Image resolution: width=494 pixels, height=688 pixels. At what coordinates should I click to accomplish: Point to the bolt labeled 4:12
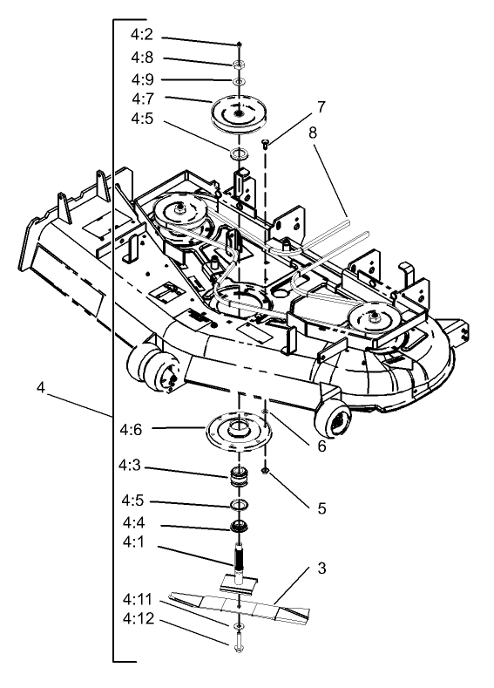[239, 644]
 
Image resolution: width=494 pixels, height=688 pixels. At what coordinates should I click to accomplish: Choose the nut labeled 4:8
[239, 65]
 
